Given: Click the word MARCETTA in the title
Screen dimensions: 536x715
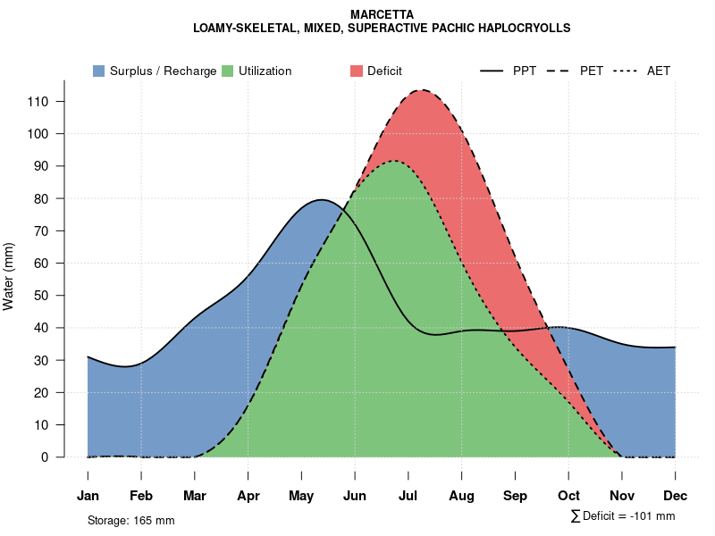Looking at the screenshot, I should coord(382,15).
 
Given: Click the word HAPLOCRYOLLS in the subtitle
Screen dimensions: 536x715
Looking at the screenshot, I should coord(525,28).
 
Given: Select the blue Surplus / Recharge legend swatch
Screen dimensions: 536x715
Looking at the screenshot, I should coord(99,71).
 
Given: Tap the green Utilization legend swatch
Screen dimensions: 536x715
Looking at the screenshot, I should coord(228,71).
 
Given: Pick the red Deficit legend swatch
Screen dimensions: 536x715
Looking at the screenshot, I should coord(357,71).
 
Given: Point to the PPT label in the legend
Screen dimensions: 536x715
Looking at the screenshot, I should coord(525,71).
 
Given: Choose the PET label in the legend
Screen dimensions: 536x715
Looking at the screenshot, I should coord(592,71).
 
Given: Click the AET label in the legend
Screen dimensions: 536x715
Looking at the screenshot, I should coord(659,71).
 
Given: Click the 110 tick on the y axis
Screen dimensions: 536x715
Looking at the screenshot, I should coord(38,102).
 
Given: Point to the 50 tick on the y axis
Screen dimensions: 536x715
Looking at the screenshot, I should coord(41,296).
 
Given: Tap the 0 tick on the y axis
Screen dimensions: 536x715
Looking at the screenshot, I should coord(45,457).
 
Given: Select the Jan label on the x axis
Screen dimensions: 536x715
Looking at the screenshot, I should coord(88,496).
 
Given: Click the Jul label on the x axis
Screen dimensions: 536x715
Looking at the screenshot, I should coord(408,496).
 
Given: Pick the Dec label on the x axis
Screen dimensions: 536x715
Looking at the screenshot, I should coord(676,496).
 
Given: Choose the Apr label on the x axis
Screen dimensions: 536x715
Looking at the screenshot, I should coord(248,496).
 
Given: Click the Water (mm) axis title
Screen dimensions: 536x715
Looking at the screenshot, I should coord(9,276).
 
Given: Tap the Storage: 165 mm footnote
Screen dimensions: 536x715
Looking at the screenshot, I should coord(131,520).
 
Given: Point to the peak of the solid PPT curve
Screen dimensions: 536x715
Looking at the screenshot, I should coord(322,199).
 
